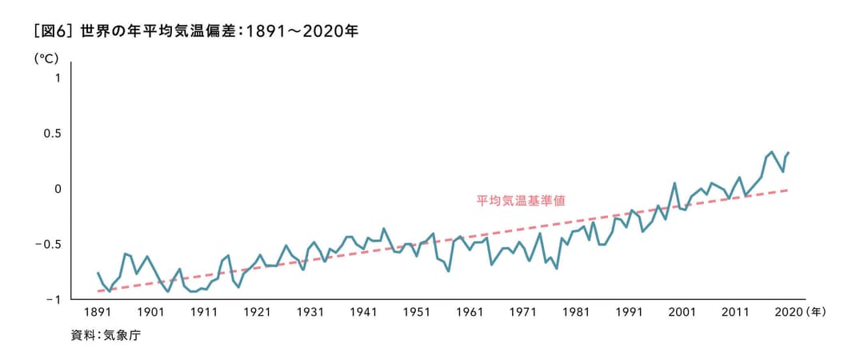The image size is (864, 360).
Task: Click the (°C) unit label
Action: pos(46,58)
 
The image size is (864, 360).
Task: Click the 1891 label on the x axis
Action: pos(98,312)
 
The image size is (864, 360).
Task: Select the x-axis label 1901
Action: pos(150,312)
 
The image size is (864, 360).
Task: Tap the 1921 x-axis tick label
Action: pos(257,312)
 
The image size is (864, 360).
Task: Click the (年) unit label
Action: pos(817,312)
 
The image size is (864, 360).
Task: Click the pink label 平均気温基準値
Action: pos(521,200)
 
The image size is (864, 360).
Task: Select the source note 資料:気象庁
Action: pos(105,336)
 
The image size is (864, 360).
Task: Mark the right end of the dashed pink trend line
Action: pos(789,190)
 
